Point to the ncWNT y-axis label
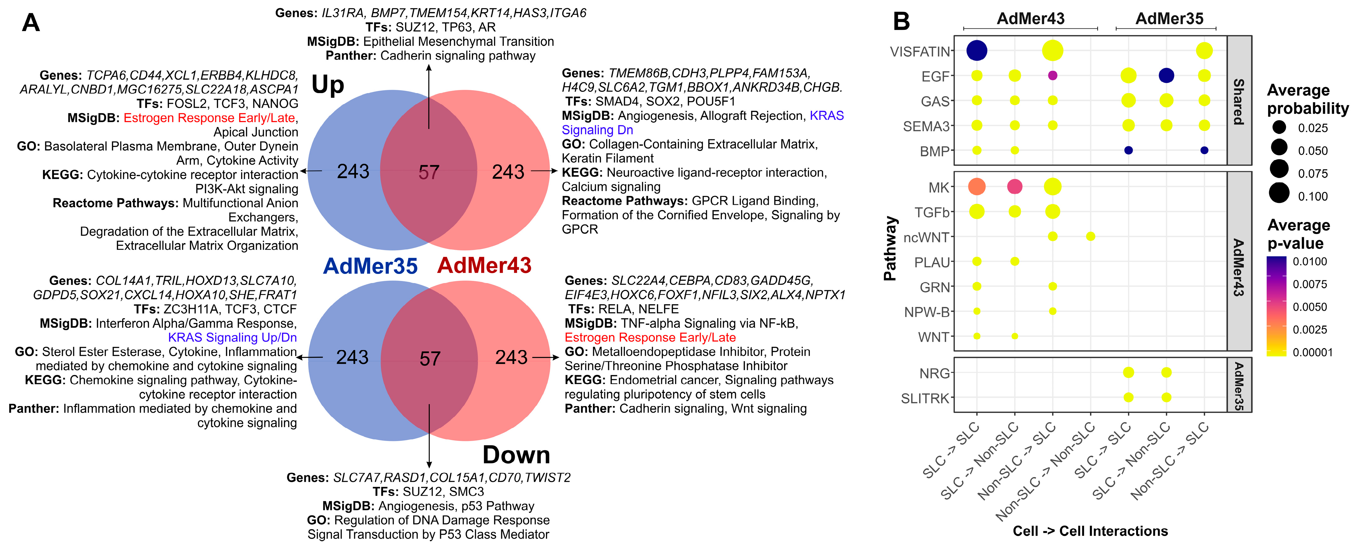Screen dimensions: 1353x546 (926, 237)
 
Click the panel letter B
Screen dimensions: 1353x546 (901, 22)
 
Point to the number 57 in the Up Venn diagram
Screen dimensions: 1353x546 (429, 172)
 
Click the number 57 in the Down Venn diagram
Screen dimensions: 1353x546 (430, 359)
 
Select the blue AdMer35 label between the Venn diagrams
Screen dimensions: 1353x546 (370, 266)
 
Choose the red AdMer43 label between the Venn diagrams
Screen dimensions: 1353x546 (484, 265)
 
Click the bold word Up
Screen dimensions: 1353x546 (328, 85)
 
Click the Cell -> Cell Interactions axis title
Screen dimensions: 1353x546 (1090, 531)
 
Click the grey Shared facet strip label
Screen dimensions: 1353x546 (1239, 101)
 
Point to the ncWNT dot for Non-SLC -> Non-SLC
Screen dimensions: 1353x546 (1090, 237)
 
